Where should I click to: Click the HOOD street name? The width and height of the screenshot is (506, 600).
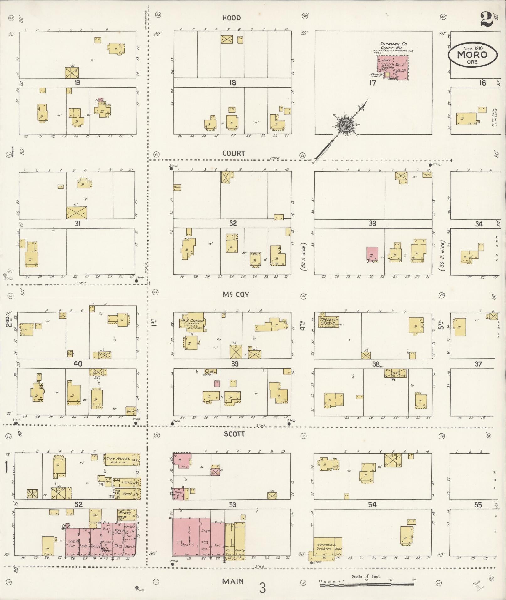coord(232,18)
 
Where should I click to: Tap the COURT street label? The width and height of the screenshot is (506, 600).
coord(233,153)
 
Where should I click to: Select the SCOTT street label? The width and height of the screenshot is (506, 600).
coord(234,434)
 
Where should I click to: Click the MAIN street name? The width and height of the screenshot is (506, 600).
coord(233,581)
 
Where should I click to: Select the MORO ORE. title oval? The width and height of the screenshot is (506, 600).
coord(472,55)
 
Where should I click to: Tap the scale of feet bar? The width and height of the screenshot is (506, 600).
coord(366,585)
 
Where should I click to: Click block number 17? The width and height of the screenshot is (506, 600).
coord(372,83)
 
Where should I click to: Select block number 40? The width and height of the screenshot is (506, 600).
coord(77,364)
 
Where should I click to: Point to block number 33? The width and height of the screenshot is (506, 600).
coord(372,224)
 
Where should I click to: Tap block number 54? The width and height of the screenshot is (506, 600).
coord(372,505)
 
